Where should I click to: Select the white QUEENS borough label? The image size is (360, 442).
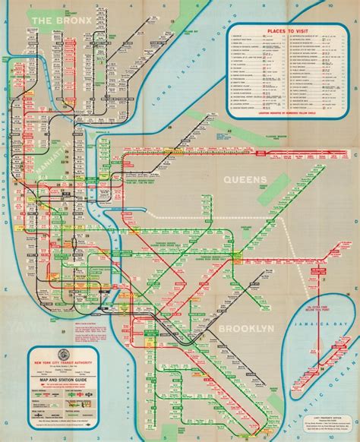(240, 179)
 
